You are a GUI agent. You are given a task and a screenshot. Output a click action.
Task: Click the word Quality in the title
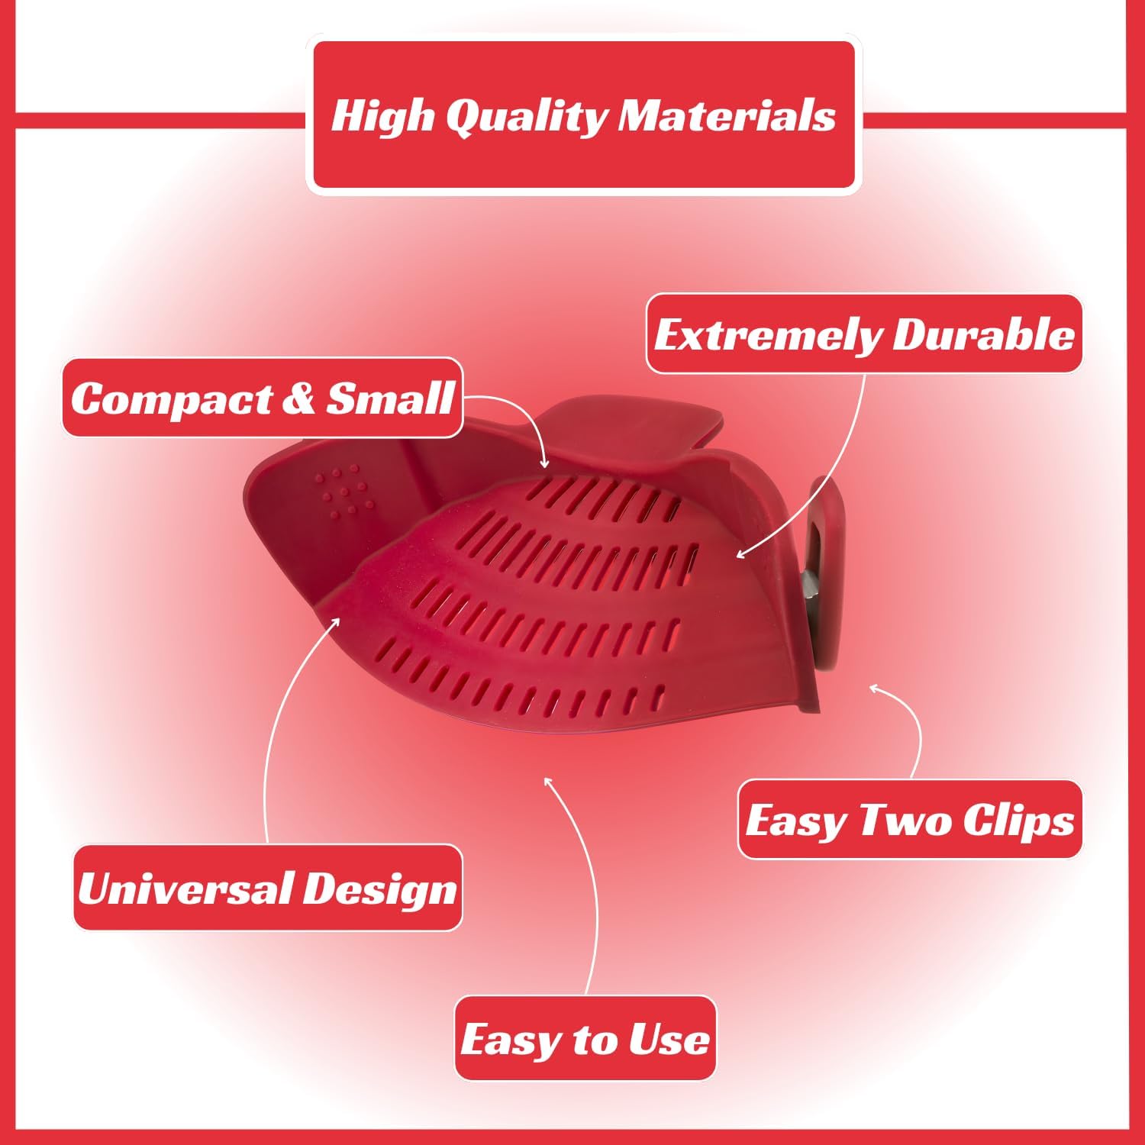[x=527, y=118]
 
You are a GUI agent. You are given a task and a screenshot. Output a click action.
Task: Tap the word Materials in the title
[x=727, y=116]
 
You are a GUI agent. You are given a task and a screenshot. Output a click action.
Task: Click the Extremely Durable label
[x=864, y=334]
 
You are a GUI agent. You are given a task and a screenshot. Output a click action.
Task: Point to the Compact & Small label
[x=263, y=398]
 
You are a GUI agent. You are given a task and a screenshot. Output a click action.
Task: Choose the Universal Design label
[x=268, y=888]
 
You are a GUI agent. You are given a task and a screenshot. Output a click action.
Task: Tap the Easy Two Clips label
[x=910, y=820]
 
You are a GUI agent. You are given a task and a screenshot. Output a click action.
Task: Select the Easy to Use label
[x=585, y=1038]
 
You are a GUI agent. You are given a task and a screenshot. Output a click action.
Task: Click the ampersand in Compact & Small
[x=298, y=398]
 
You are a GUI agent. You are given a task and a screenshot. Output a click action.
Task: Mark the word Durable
[x=983, y=334]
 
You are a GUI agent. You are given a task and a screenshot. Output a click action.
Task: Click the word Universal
[x=182, y=888]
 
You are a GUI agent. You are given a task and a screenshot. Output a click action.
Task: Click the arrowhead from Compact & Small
[x=543, y=461]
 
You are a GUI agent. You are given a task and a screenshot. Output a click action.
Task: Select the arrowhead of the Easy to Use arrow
[x=547, y=782]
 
